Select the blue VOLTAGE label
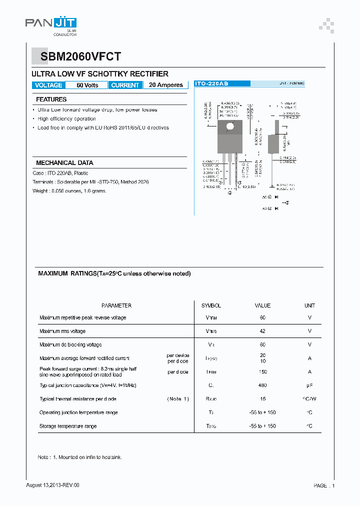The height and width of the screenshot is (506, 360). (48, 85)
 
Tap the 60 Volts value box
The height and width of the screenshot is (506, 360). (87, 85)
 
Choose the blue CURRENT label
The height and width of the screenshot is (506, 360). (125, 85)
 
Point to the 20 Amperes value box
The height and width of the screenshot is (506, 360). (165, 85)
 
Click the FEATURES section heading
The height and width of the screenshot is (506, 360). (51, 99)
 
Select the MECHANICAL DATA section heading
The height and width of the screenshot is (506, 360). (64, 163)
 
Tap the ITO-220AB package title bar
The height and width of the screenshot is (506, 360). (211, 84)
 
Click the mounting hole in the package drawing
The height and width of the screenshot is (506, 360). (230, 126)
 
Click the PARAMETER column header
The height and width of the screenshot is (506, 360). (116, 305)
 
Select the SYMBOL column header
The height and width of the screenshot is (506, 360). (211, 305)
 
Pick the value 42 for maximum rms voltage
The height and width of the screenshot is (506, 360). (262, 331)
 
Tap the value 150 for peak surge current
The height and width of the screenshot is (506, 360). (262, 372)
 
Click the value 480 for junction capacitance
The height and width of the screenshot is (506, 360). (262, 385)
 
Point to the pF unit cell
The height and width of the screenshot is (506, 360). (309, 385)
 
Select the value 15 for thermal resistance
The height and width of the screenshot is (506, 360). (262, 399)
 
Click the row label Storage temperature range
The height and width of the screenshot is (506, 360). (68, 426)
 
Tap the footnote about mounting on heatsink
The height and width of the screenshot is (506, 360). (80, 457)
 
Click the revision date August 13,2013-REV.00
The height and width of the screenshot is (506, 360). (52, 485)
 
